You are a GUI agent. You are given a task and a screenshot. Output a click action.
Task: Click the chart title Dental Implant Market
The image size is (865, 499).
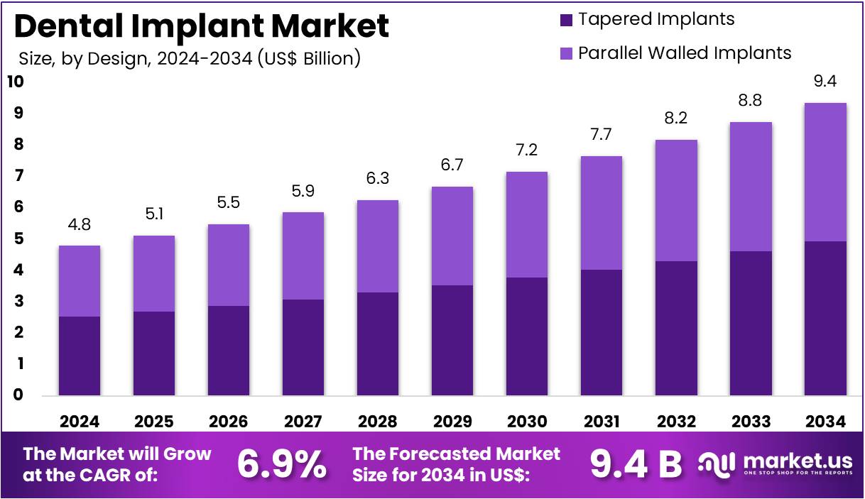tap(202, 26)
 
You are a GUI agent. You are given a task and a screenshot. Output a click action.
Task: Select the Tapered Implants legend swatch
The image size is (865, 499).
tap(566, 20)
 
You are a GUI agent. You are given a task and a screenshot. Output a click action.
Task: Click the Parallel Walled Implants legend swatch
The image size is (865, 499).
tap(566, 53)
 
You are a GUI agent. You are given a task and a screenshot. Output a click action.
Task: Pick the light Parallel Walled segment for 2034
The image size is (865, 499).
tap(825, 172)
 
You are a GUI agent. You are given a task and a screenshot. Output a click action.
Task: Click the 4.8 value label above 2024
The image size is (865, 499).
tap(80, 225)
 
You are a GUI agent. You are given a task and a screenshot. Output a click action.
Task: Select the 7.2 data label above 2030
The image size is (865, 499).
tap(527, 150)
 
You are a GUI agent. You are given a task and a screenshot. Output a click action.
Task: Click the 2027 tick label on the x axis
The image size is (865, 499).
tap(303, 421)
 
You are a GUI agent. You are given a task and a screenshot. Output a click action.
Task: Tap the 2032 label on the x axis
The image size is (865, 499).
tap(676, 421)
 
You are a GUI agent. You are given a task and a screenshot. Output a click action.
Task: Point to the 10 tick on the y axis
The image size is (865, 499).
tap(15, 82)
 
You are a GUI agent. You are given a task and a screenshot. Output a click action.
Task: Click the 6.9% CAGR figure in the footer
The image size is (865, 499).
tap(281, 464)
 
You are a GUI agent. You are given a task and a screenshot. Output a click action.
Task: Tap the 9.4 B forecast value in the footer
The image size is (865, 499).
tap(636, 464)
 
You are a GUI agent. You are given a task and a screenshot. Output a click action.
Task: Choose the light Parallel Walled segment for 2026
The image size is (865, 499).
tap(229, 265)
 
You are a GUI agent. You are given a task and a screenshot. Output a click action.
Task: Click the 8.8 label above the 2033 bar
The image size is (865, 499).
tap(751, 101)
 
